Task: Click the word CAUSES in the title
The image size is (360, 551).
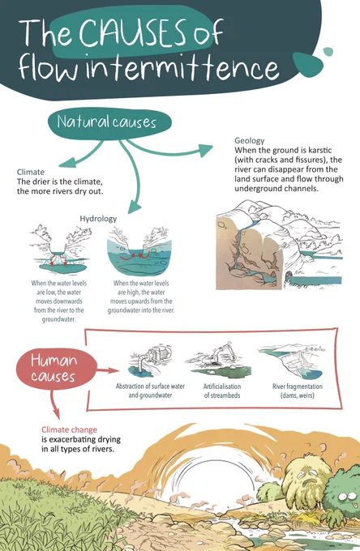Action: (x=132, y=32)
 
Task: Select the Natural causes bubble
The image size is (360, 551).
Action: (x=109, y=122)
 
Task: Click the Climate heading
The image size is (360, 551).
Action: (x=31, y=172)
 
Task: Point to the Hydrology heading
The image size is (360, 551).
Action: (x=98, y=219)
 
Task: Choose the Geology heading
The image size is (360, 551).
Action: (x=249, y=140)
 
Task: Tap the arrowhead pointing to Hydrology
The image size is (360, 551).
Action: (x=135, y=207)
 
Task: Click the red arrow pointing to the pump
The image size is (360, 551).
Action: (x=108, y=370)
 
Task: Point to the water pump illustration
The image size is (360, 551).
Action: (x=150, y=361)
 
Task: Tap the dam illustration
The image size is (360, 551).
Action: (x=292, y=361)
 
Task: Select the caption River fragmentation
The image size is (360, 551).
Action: (x=298, y=387)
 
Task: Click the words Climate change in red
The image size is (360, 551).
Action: (x=69, y=429)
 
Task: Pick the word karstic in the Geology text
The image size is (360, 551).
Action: (x=320, y=151)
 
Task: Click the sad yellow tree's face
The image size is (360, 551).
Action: (x=308, y=477)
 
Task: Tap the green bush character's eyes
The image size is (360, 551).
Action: (x=347, y=497)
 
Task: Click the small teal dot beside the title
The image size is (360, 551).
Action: (x=328, y=52)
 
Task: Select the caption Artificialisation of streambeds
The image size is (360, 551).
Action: (x=222, y=391)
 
